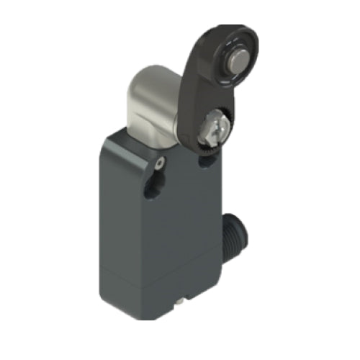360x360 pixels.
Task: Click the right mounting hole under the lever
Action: [207, 164]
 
